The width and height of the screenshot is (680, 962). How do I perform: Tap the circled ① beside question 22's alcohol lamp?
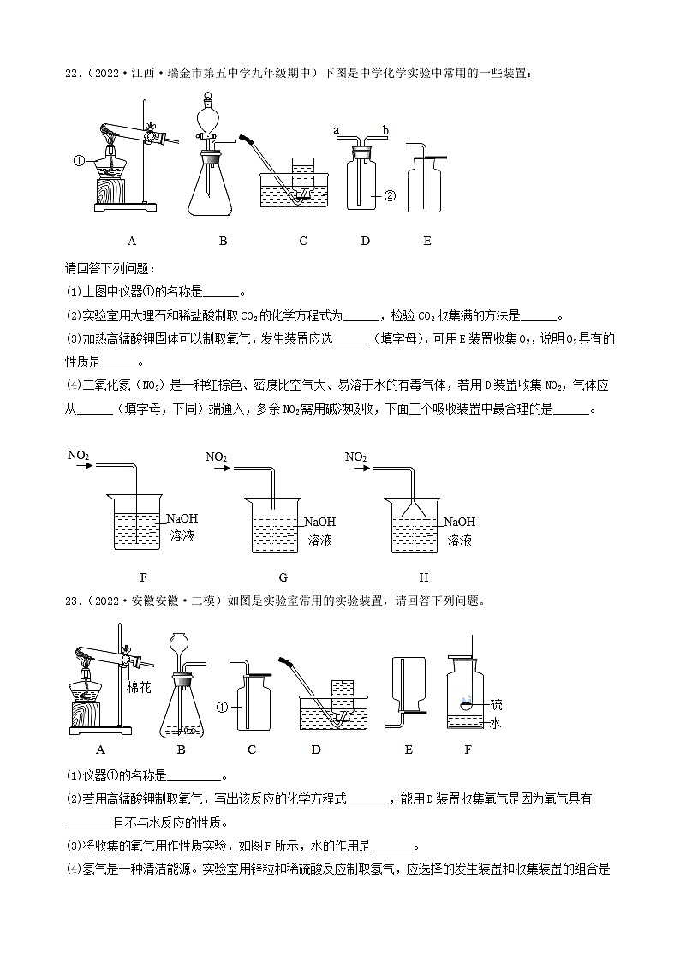pos(78,160)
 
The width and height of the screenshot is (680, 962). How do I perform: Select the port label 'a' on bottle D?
pos(337,130)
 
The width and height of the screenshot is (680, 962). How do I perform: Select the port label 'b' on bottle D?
pos(386,130)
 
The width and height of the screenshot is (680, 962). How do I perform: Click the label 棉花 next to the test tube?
pos(138,687)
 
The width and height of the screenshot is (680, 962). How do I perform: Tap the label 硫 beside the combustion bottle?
pos(497,704)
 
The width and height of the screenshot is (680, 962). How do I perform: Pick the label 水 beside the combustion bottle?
pos(495,724)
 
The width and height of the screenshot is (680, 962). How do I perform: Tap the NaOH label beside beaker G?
pos(319,522)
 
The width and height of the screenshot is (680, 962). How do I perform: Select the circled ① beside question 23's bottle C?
pos(223,708)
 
